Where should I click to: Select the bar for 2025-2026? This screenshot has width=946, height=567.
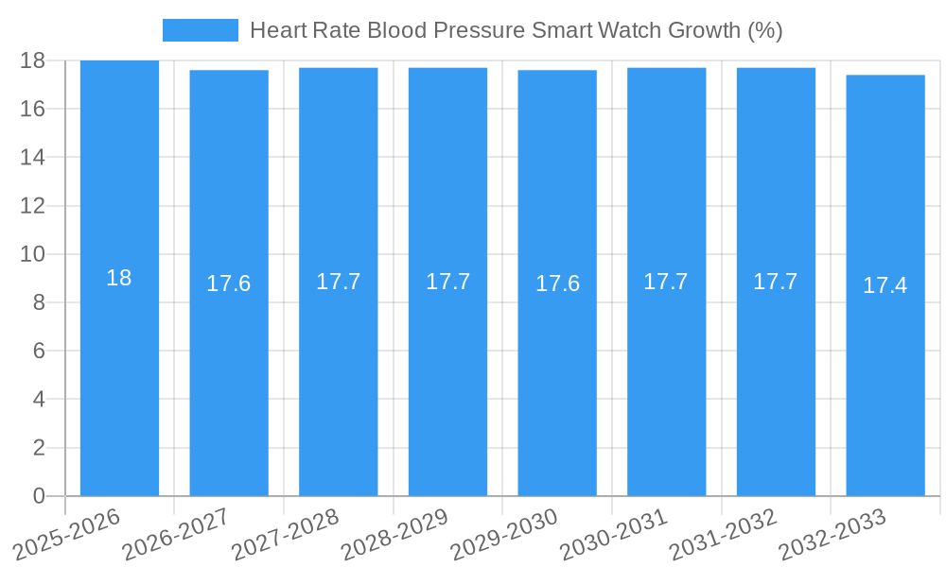(119, 378)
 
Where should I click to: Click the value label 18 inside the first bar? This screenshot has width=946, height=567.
(119, 278)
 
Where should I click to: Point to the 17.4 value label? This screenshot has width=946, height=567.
(885, 285)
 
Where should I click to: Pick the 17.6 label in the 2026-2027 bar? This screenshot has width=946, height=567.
(229, 283)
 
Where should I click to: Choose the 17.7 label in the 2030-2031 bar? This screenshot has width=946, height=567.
(666, 282)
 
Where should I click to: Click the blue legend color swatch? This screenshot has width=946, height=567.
(200, 30)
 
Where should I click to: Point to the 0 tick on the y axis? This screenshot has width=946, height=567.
(39, 496)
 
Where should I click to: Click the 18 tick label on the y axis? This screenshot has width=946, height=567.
(33, 60)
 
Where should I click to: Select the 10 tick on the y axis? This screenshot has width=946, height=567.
(33, 254)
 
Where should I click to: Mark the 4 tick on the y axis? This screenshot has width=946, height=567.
(39, 399)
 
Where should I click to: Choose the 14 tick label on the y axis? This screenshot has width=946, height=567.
(33, 157)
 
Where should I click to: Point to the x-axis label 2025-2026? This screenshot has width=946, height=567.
(66, 534)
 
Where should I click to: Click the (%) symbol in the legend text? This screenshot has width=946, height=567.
(764, 30)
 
